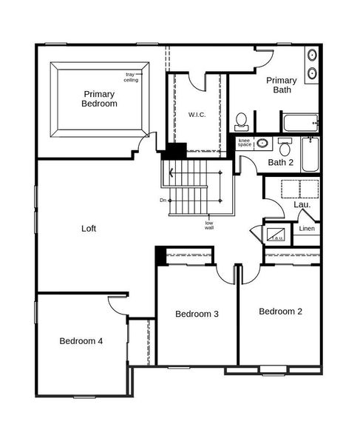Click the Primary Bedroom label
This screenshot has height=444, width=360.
pos(100,98)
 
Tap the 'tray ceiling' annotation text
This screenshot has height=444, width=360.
pos(131,77)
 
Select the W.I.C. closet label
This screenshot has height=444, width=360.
pos(197,114)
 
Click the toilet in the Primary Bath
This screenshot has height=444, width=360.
pos(241,121)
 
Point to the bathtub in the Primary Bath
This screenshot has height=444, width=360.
pos(299,122)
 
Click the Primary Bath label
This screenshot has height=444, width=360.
pos(281,85)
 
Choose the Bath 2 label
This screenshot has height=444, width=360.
pos(281,162)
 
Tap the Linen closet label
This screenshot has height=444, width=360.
pos(308,229)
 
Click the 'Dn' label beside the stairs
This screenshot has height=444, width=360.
pos(162,200)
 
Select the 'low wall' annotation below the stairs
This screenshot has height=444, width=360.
pos(209,225)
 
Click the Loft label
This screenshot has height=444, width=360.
pos(89,229)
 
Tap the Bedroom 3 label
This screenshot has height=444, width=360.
pos(197,314)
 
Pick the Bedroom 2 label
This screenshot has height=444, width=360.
pos(280,312)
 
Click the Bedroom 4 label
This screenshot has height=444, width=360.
pos(81,341)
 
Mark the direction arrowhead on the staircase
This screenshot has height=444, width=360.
pos(172,175)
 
